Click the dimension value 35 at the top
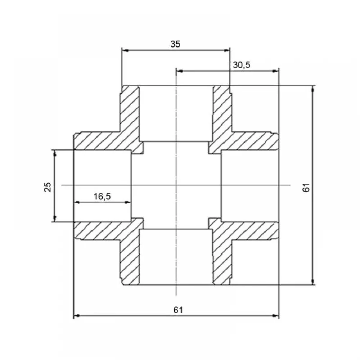click(175, 44)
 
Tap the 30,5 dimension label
click(242, 65)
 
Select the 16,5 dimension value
click(102, 197)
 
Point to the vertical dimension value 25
click(48, 186)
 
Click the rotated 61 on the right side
click(306, 188)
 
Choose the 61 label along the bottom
click(178, 310)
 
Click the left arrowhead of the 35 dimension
click(125, 50)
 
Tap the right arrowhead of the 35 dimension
click(227, 50)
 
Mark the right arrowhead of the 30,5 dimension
click(275, 71)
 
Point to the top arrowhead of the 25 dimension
click(55, 153)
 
